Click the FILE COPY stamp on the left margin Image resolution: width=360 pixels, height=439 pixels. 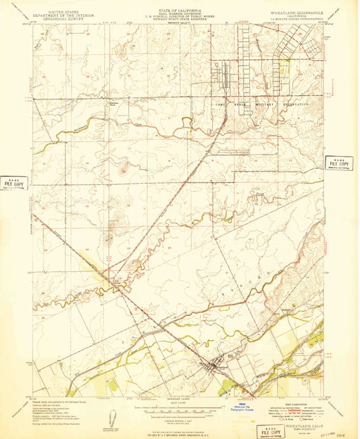tap(14, 183)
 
